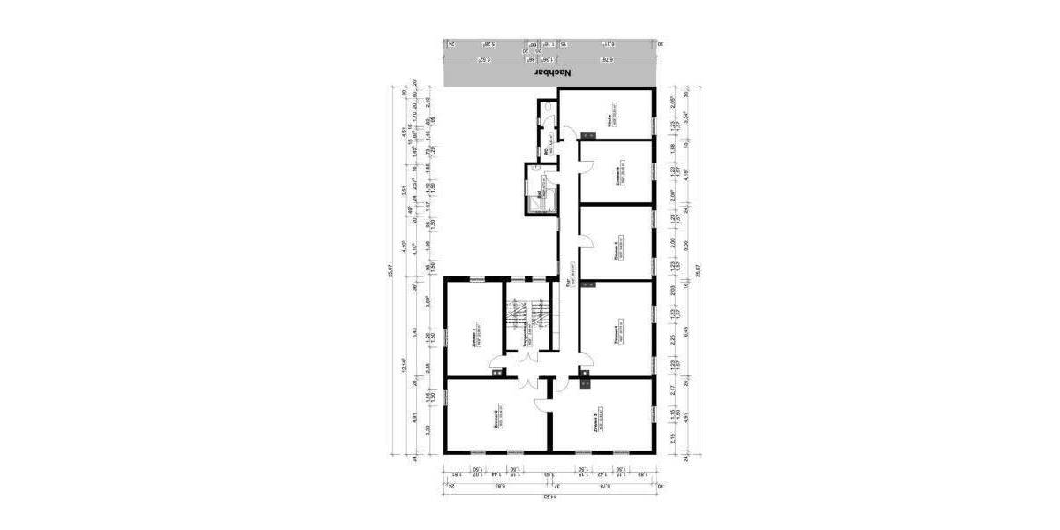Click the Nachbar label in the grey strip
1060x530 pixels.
[555, 74]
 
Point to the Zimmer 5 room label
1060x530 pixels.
[616, 248]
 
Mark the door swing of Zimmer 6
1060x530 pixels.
[585, 151]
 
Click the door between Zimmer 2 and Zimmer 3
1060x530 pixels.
[543, 404]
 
